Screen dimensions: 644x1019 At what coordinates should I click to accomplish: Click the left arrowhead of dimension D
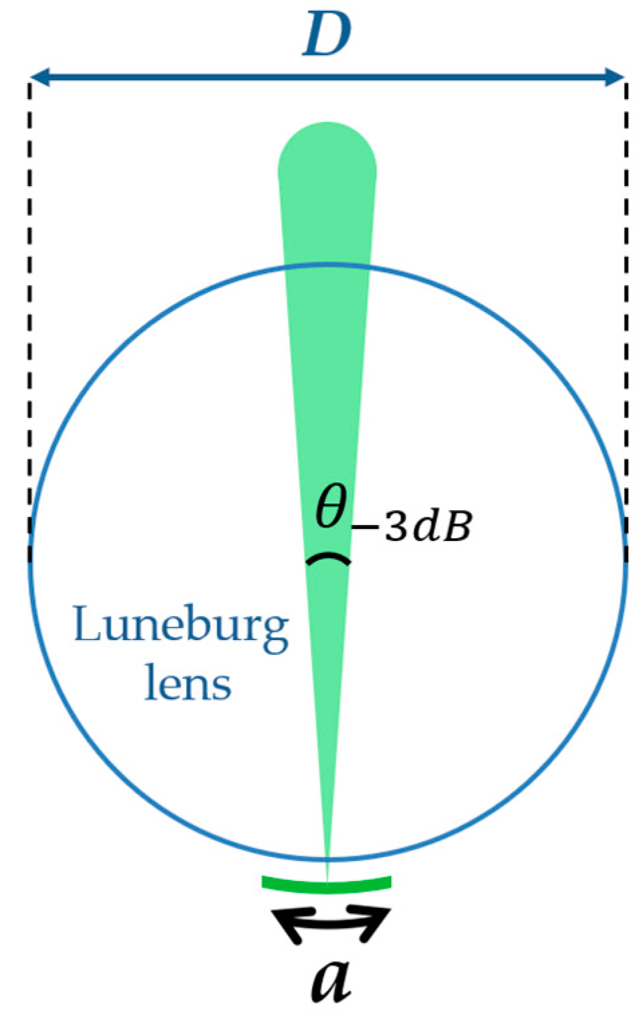click(39, 78)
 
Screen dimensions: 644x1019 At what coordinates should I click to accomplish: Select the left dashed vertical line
click(29, 301)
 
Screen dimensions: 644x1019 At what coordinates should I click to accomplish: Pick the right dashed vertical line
click(626, 301)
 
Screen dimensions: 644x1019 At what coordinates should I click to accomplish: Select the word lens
click(188, 684)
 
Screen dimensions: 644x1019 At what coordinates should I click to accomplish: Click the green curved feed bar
click(327, 885)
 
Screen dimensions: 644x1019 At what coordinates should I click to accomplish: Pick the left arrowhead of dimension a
click(287, 924)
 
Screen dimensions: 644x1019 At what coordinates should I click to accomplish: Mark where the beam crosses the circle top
click(327, 266)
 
